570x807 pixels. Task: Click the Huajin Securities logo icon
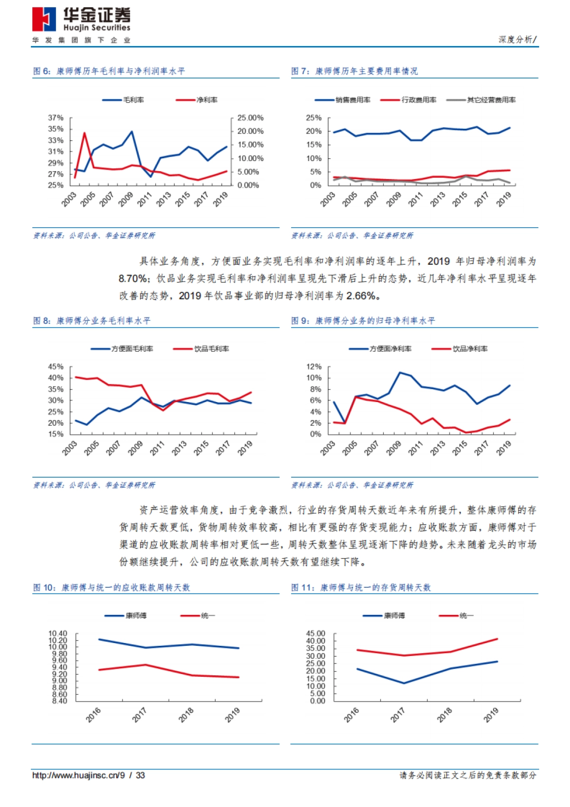tap(44, 19)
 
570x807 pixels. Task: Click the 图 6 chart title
tap(109, 71)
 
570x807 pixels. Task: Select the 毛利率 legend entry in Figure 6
tap(123, 100)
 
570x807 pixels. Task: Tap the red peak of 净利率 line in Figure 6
tap(85, 133)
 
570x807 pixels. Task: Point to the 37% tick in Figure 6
tap(56, 118)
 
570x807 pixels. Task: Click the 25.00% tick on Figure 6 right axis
tap(250, 118)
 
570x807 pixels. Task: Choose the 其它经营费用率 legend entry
tap(481, 100)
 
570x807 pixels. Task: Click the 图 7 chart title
tap(354, 71)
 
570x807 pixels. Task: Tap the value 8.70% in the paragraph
tap(133, 279)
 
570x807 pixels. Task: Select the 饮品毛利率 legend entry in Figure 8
tap(201, 349)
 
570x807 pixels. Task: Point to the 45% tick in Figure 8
tap(56, 367)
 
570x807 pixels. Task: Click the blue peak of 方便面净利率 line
tap(400, 373)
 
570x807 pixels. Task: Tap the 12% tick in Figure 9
tap(314, 367)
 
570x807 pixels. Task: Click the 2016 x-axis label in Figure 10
tap(94, 714)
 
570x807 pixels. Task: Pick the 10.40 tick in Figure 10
tap(58, 634)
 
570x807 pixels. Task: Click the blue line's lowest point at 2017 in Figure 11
tap(404, 683)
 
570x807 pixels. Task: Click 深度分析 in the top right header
tap(515, 40)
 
